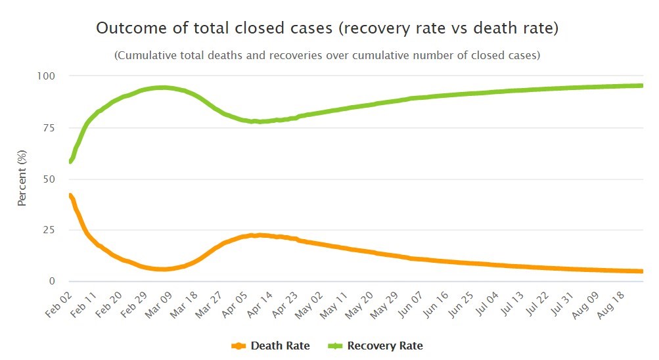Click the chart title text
[x=327, y=28]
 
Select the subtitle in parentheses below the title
[x=327, y=55]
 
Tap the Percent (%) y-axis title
[x=22, y=179]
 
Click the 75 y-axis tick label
[x=49, y=127]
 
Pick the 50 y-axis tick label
[x=49, y=179]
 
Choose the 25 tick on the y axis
[x=49, y=230]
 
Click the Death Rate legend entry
[x=271, y=346]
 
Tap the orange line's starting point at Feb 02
[x=70, y=195]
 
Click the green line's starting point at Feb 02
[x=70, y=161]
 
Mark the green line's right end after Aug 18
[x=641, y=85]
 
